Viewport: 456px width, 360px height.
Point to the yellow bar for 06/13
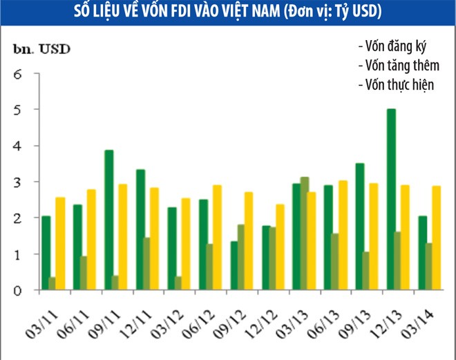(343, 235)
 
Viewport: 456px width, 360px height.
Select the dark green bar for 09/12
(234, 265)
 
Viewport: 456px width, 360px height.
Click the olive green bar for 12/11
(146, 264)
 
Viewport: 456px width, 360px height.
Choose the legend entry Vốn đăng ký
(392, 47)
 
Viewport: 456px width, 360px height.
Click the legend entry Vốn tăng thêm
(396, 66)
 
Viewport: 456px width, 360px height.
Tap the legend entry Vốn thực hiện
(396, 85)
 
